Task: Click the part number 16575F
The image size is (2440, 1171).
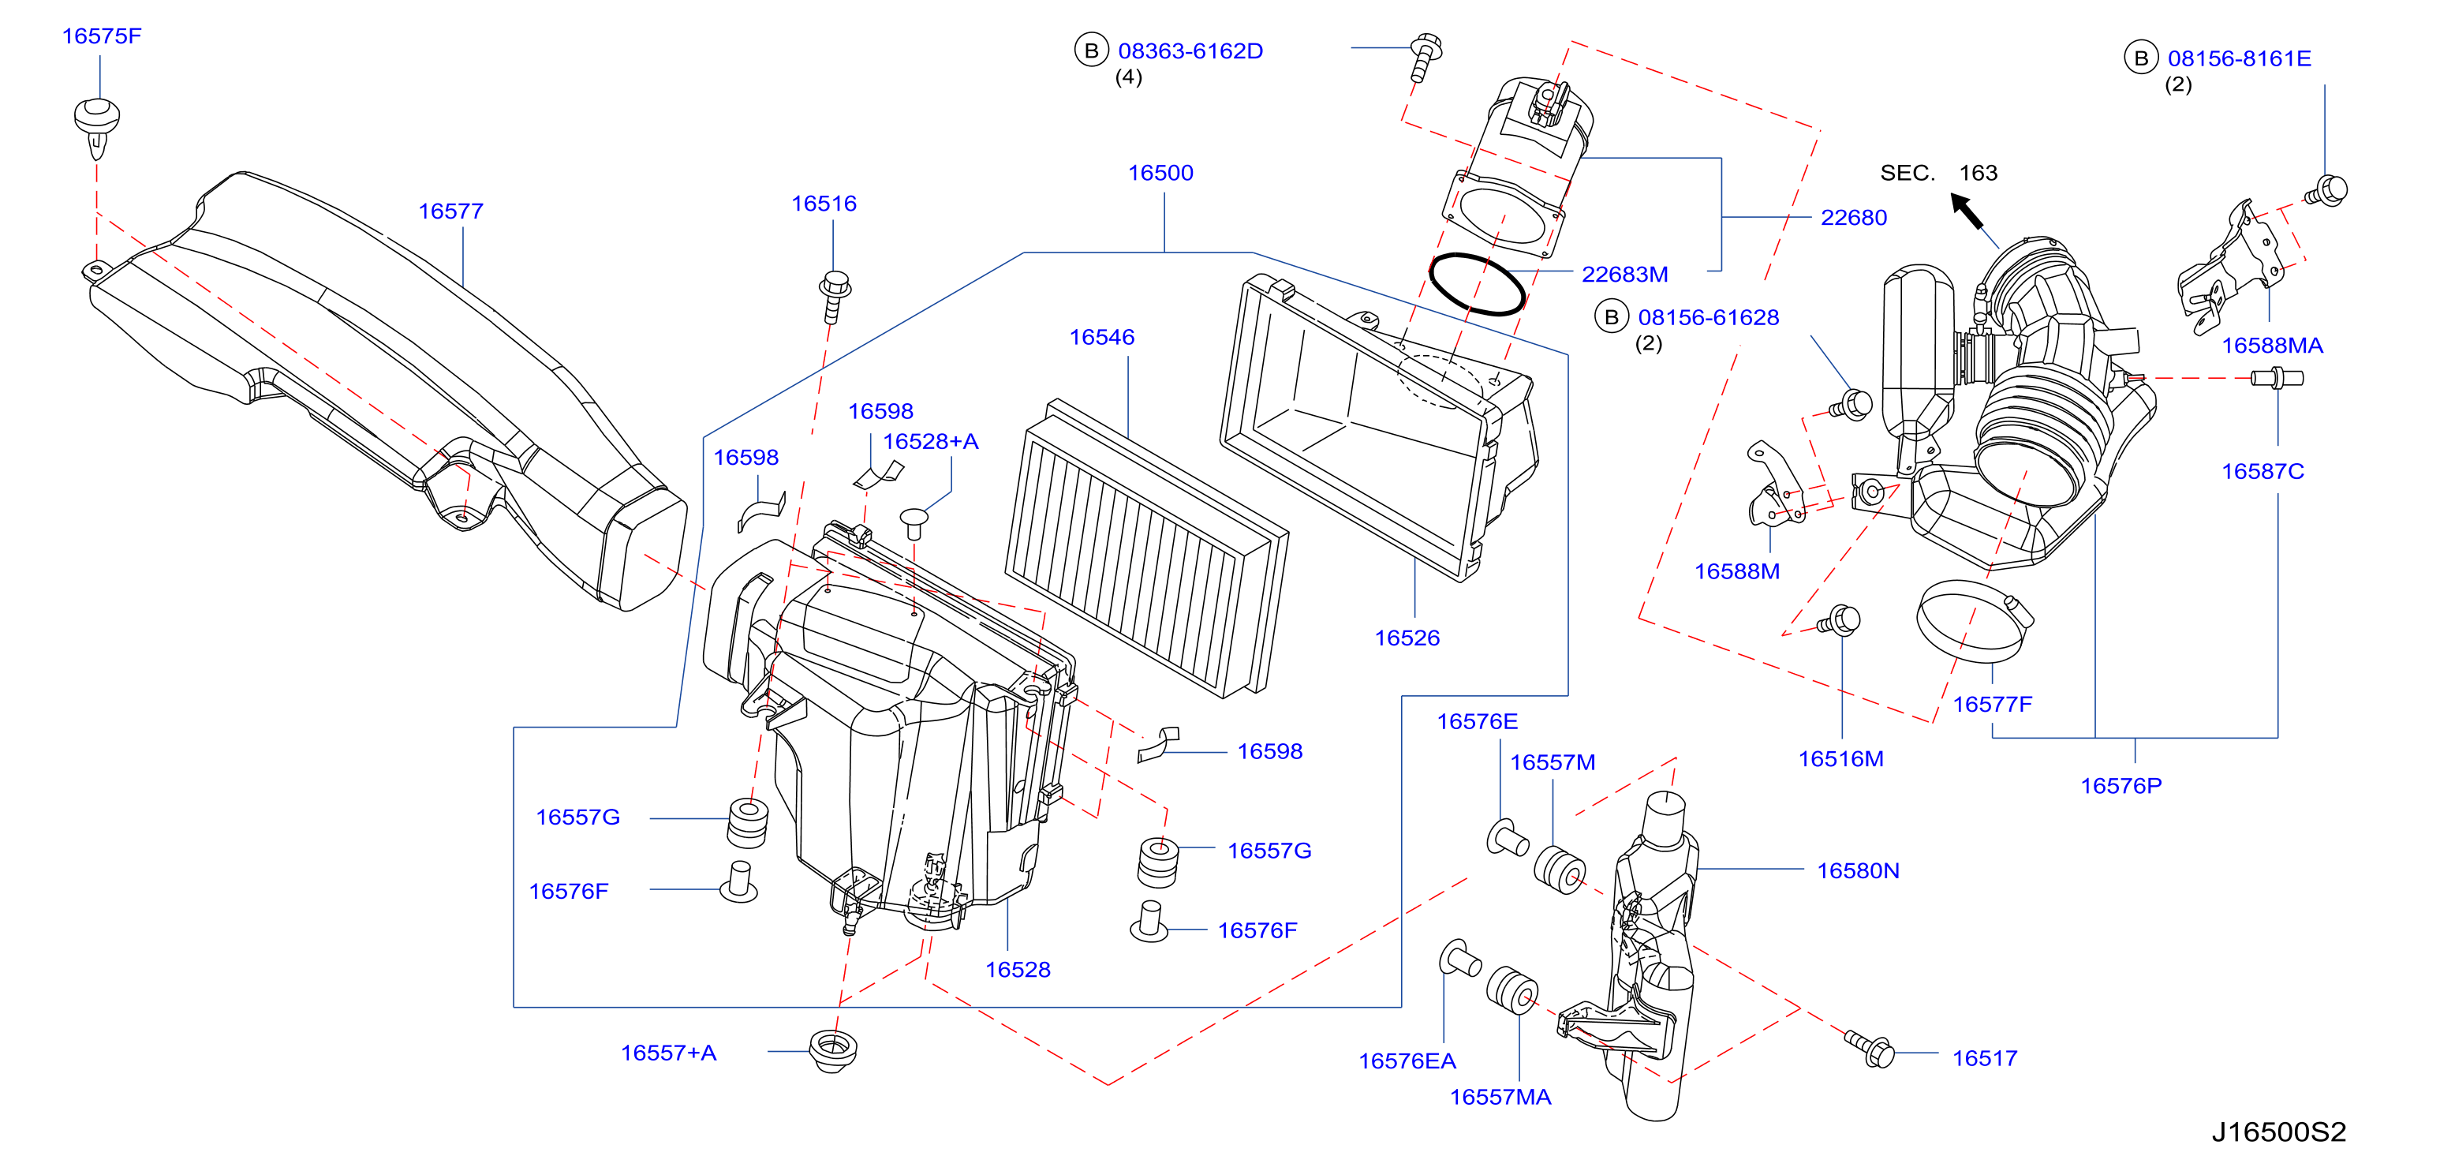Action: click(101, 36)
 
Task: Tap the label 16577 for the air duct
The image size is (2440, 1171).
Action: click(451, 211)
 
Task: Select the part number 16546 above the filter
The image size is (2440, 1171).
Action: click(1101, 337)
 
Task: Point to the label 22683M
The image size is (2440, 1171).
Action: click(1624, 275)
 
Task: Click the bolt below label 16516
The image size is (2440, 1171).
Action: click(835, 297)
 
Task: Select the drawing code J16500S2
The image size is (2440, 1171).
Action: click(2279, 1132)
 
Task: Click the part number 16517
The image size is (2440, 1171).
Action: click(1984, 1058)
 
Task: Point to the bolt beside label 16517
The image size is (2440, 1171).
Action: click(1870, 1048)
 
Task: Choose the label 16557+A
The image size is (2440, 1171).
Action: click(669, 1053)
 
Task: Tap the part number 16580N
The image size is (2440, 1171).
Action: click(1858, 870)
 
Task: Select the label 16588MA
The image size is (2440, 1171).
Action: click(2272, 346)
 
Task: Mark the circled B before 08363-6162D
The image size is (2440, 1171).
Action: click(1091, 51)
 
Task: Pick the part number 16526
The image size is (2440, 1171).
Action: click(1407, 638)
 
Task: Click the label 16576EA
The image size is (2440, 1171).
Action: click(1407, 1061)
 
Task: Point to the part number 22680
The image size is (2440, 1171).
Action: click(1854, 218)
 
